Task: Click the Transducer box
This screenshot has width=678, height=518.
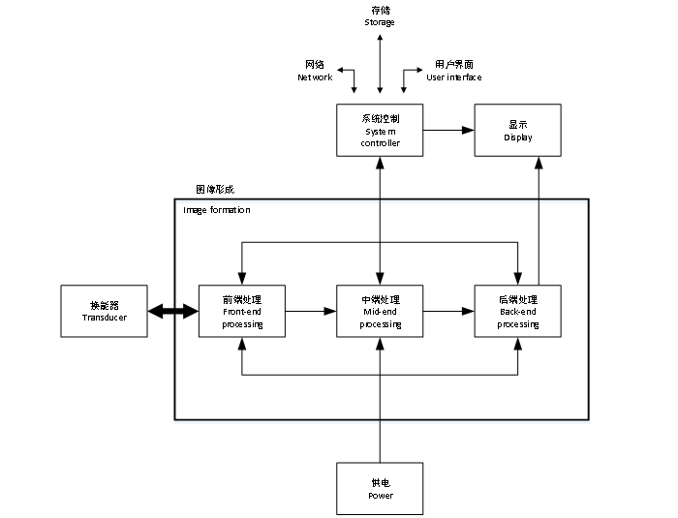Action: click(x=105, y=311)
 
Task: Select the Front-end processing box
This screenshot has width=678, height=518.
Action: click(x=242, y=311)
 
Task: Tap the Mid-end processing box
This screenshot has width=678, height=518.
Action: click(x=380, y=311)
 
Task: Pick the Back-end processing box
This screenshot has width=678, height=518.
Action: click(x=518, y=311)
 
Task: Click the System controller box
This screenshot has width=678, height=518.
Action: click(x=380, y=130)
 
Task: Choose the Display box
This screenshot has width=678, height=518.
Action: click(x=518, y=130)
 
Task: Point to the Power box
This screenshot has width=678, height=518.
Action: click(x=380, y=488)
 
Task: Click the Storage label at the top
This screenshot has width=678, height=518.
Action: click(x=380, y=21)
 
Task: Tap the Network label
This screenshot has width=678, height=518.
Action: click(x=315, y=76)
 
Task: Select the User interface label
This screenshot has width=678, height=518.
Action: click(x=453, y=76)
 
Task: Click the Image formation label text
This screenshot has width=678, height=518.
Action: click(x=217, y=209)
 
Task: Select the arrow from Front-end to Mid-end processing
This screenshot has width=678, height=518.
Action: click(x=311, y=311)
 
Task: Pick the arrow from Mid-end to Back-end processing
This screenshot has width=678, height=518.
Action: click(x=448, y=311)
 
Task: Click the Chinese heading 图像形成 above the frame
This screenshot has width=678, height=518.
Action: click(x=214, y=189)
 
